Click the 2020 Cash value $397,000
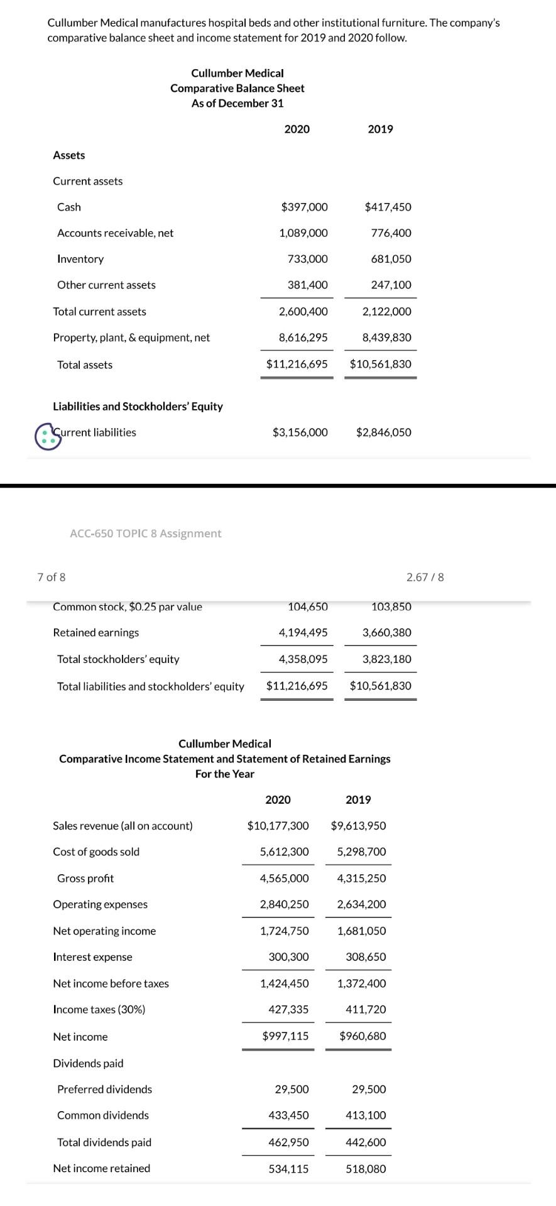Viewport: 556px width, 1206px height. click(x=304, y=207)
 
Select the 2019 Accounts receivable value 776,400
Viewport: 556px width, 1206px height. click(x=391, y=233)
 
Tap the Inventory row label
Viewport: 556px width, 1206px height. click(x=80, y=259)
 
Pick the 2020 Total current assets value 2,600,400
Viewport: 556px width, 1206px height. click(x=303, y=312)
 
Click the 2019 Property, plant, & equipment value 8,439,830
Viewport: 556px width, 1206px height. click(x=386, y=337)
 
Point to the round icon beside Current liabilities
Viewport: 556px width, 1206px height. click(x=48, y=436)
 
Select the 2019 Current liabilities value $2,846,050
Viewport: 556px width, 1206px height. click(x=383, y=432)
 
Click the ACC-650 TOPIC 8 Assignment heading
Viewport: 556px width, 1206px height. click(x=146, y=534)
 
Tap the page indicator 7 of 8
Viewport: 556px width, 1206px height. click(x=52, y=577)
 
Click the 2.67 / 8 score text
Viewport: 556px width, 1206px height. click(x=425, y=577)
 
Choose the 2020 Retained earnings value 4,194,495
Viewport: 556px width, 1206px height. click(x=303, y=633)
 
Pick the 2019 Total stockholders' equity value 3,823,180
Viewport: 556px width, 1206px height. click(x=386, y=659)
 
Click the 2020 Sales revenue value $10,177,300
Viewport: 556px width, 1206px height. click(x=278, y=826)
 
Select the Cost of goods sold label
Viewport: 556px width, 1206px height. click(x=96, y=852)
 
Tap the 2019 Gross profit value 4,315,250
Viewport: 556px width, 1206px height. click(x=361, y=879)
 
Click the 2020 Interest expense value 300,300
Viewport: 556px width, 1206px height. click(x=288, y=957)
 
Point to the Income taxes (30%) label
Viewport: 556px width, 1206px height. click(x=99, y=1009)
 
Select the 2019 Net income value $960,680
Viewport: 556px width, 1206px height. click(x=362, y=1036)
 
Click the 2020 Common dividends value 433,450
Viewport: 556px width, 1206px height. click(x=288, y=1116)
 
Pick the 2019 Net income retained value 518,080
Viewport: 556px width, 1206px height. click(x=366, y=1169)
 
